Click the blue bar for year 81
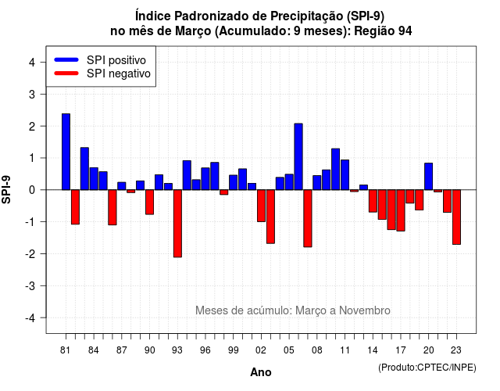66,152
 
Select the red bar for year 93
177,224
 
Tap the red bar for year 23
456,217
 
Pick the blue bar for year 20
429,177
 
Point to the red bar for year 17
401,210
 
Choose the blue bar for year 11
345,175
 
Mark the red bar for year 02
261,206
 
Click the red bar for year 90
149,202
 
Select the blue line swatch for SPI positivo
66,59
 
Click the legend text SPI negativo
119,74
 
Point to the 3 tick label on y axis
32,94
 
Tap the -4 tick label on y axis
30,318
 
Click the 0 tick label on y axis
32,190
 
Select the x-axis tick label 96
205,350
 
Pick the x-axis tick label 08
317,350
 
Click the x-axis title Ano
261,372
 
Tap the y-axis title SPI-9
6,189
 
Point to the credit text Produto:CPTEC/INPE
427,368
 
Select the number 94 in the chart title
405,31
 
